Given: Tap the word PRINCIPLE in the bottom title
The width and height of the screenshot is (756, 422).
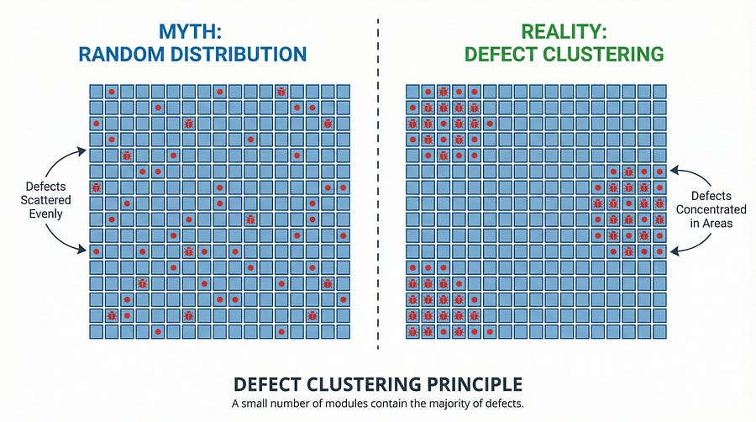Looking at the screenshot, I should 475,385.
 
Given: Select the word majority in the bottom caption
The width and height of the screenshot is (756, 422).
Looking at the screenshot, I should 452,404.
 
